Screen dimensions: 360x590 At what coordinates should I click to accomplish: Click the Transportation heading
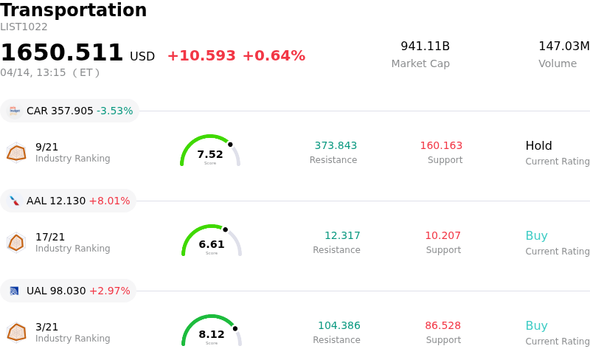(74, 10)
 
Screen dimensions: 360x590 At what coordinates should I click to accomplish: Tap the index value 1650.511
(62, 53)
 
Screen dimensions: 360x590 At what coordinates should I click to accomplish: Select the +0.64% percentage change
(273, 56)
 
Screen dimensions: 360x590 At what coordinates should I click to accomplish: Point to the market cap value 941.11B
(425, 46)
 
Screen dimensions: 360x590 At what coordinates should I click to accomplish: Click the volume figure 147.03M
(563, 46)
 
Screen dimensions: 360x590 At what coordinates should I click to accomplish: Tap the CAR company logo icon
(14, 111)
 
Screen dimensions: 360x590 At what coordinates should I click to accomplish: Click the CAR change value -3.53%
(114, 111)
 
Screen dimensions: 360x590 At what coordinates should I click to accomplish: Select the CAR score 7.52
(210, 154)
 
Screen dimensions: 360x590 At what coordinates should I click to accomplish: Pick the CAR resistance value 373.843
(336, 145)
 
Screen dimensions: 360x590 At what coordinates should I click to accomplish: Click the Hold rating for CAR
(538, 145)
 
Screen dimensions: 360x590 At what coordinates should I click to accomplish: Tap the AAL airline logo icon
(14, 201)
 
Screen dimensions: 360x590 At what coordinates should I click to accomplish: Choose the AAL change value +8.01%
(109, 201)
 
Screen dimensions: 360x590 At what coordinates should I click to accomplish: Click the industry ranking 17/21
(50, 237)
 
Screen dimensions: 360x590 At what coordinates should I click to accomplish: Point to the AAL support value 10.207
(442, 235)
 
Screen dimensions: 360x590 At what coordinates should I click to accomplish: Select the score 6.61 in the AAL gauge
(212, 244)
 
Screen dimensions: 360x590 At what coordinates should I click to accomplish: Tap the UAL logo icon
(14, 291)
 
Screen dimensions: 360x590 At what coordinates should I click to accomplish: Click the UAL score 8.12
(212, 334)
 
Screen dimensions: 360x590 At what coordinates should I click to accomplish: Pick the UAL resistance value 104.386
(339, 325)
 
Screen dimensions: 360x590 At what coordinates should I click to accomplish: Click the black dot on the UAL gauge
(235, 328)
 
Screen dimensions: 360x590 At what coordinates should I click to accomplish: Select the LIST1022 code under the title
(24, 27)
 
